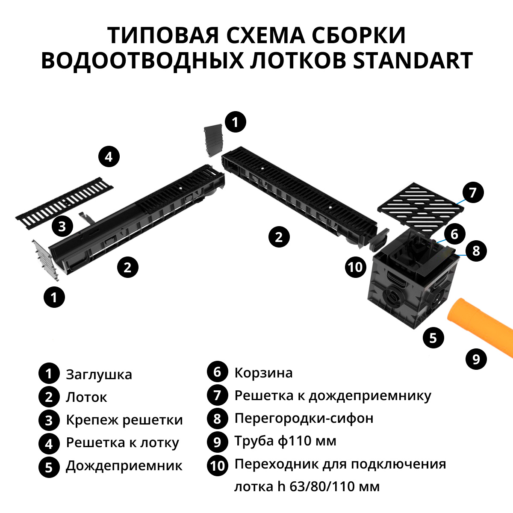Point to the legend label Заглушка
click(99, 374)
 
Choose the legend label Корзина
click(263, 373)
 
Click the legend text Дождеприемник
click(124, 466)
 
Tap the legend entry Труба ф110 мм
click(285, 441)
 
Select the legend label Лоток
click(86, 397)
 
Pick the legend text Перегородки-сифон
click(304, 418)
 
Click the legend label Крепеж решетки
click(124, 420)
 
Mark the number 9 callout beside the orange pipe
click(476, 359)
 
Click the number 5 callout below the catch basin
click(433, 338)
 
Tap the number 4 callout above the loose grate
click(109, 157)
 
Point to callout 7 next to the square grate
click(473, 192)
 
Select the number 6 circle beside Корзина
click(217, 372)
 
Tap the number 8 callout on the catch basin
click(476, 251)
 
